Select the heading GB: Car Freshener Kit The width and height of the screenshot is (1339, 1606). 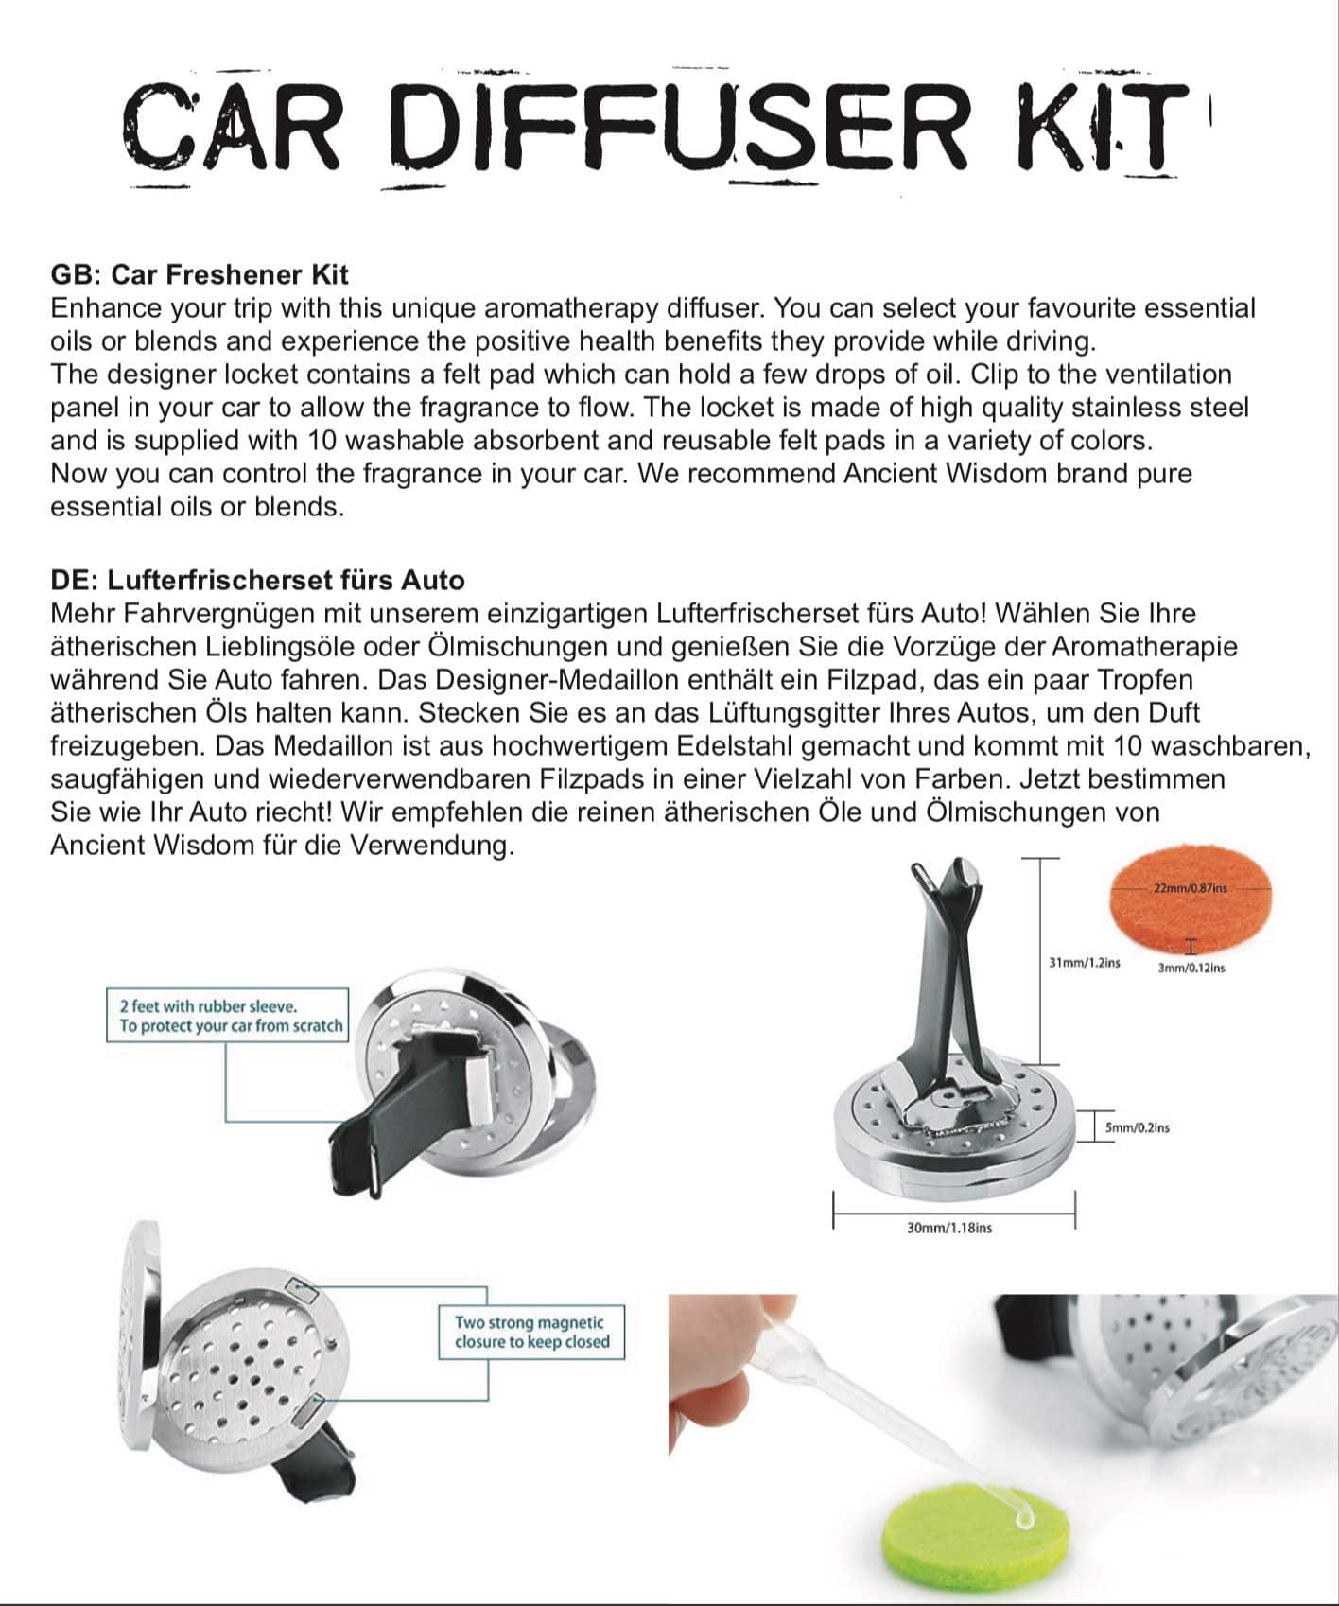click(200, 275)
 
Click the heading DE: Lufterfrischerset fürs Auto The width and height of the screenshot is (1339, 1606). click(257, 580)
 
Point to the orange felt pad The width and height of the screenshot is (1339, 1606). click(1190, 907)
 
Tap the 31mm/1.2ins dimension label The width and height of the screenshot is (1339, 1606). click(1084, 963)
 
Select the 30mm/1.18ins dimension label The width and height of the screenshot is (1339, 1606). click(949, 1228)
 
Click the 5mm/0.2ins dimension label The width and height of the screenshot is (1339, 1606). click(1137, 1127)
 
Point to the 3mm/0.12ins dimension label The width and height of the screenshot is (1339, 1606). click(1191, 969)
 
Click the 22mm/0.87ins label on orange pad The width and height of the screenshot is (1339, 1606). click(1190, 888)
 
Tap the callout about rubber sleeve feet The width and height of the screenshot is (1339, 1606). click(227, 1016)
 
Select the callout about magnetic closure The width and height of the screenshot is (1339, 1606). click(531, 1332)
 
